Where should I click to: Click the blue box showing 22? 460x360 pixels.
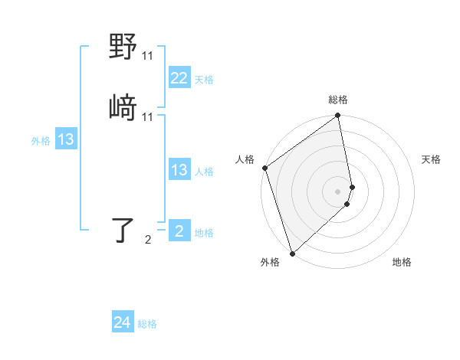pyautogui.click(x=179, y=79)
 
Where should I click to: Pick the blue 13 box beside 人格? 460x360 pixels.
pyautogui.click(x=179, y=170)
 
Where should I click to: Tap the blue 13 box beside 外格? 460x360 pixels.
pyautogui.click(x=66, y=139)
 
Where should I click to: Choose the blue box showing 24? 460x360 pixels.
pyautogui.click(x=123, y=322)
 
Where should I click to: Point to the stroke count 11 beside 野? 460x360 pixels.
pyautogui.click(x=148, y=56)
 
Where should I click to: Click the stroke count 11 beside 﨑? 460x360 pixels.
pyautogui.click(x=148, y=116)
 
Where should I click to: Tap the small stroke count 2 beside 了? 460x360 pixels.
pyautogui.click(x=148, y=240)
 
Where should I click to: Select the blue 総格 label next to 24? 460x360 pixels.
pyautogui.click(x=147, y=325)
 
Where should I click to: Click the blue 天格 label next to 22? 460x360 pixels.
pyautogui.click(x=204, y=80)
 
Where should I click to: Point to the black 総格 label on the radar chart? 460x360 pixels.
pyautogui.click(x=338, y=100)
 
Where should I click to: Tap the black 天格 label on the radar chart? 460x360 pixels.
pyautogui.click(x=432, y=159)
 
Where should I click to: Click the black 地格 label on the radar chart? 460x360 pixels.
pyautogui.click(x=402, y=262)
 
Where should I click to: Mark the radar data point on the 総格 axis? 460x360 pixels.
pyautogui.click(x=338, y=117)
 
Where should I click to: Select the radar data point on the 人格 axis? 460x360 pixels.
pyautogui.click(x=265, y=168)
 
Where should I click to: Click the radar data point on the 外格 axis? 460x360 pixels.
pyautogui.click(x=292, y=253)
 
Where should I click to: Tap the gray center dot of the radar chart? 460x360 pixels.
pyautogui.click(x=338, y=191)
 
